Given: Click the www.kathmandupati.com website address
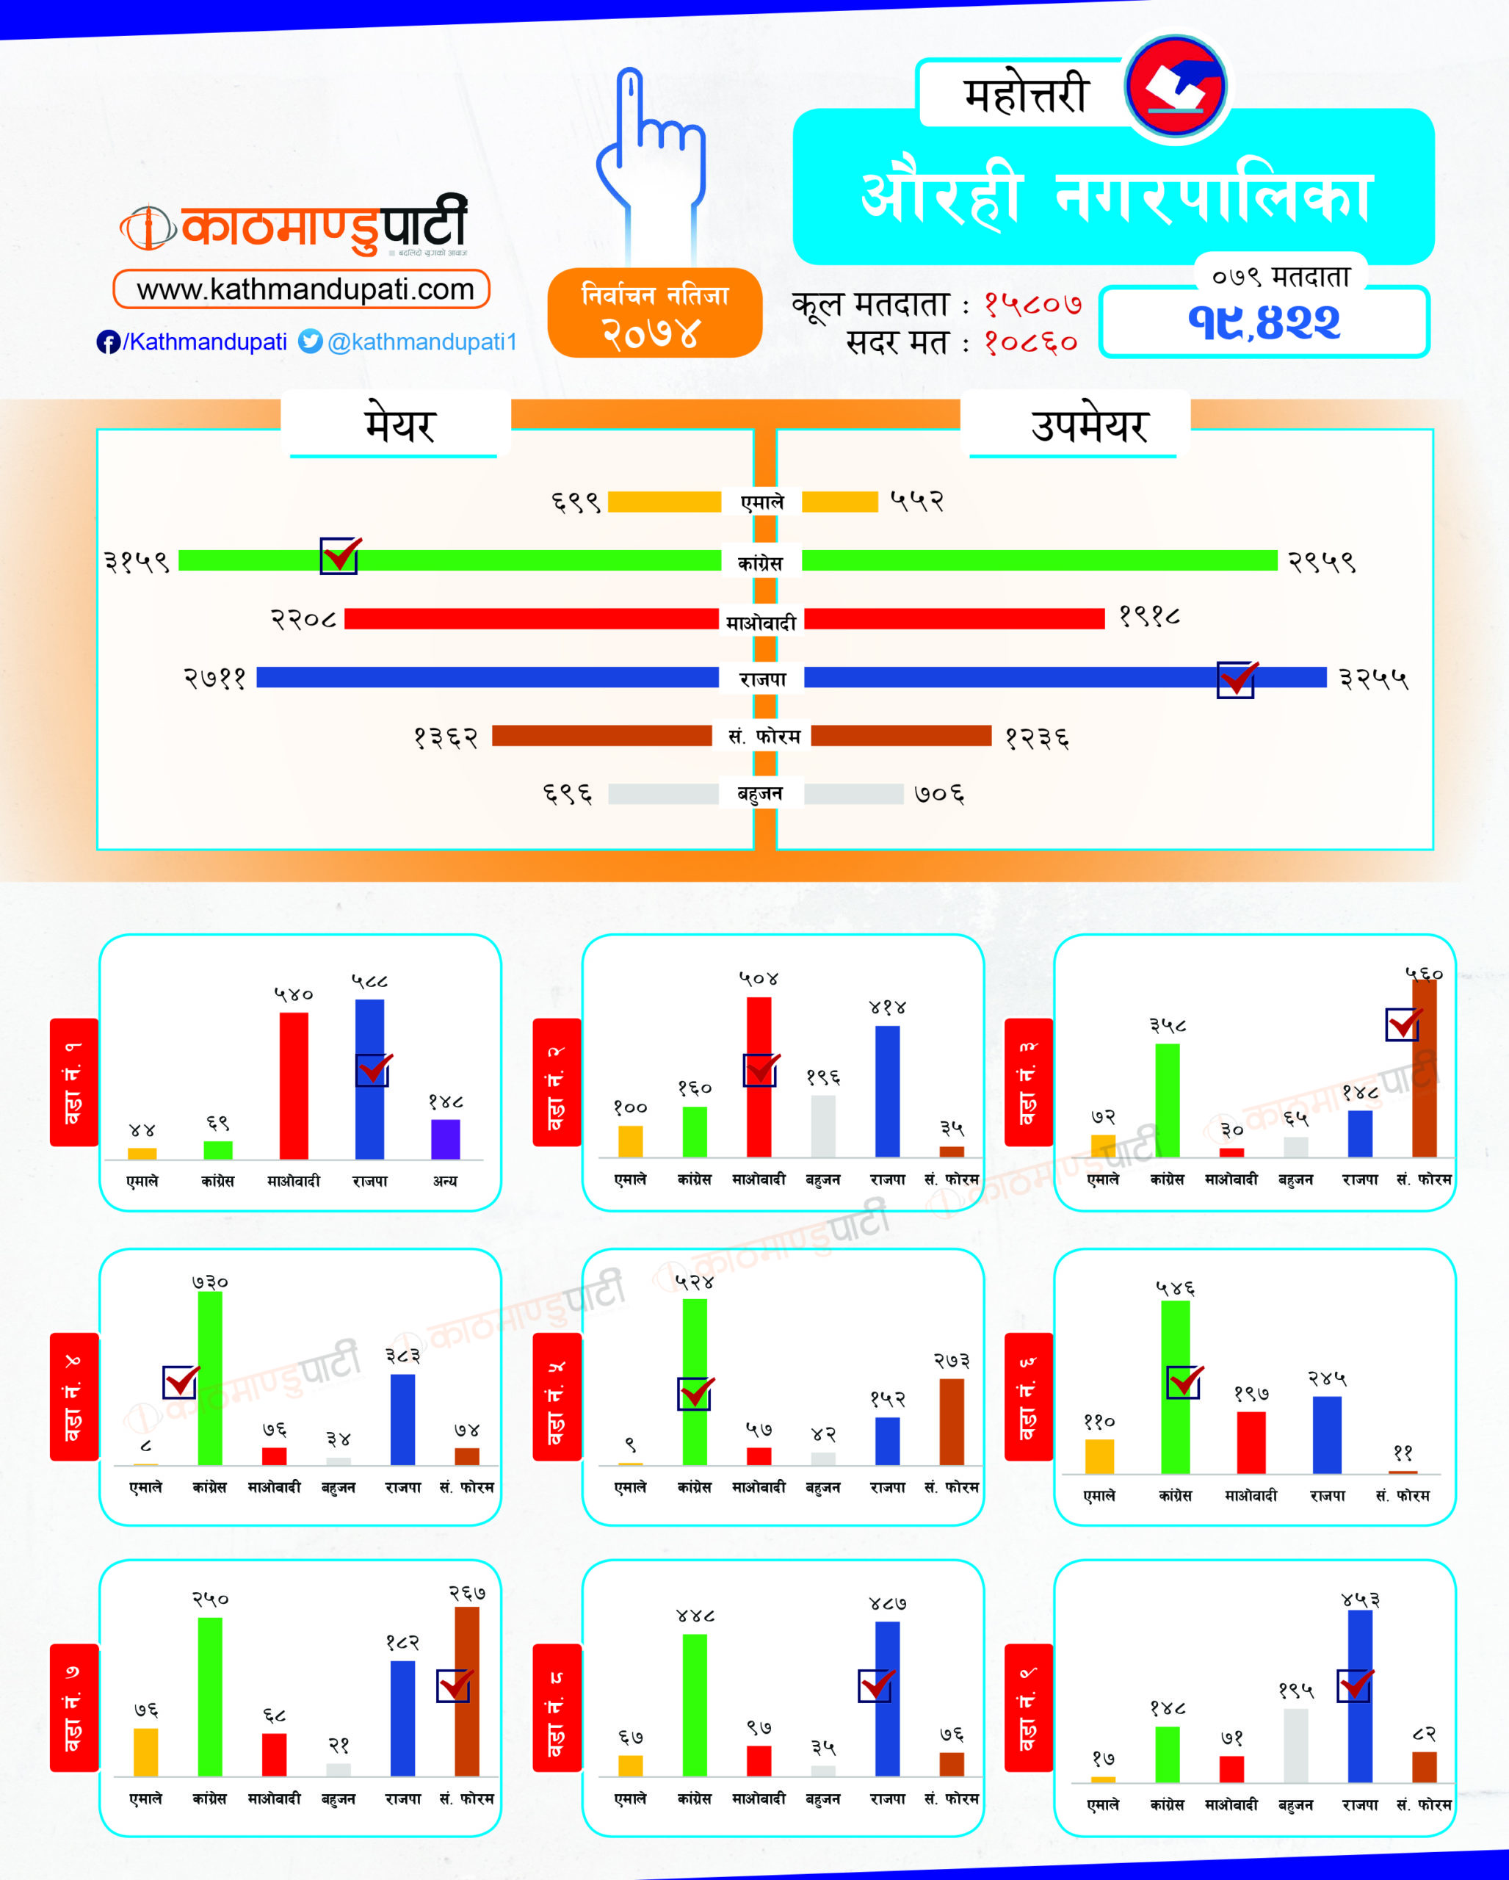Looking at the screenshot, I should (302, 289).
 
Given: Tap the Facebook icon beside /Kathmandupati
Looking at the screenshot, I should (108, 341).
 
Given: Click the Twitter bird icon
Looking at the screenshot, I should (311, 341).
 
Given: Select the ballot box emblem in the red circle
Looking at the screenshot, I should (1175, 88).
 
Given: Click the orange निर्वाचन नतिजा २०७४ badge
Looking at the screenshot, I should (655, 313).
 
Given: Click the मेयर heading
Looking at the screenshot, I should (399, 425).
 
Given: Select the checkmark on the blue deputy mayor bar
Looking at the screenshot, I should (1236, 679).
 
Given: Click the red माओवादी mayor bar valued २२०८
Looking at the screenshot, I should (532, 619).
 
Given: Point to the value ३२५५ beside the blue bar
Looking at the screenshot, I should (1374, 679).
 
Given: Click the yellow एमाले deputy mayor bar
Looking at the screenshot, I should (839, 502).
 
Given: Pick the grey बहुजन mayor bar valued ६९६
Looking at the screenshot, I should (663, 794).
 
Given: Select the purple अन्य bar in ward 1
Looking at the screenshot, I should (446, 1139).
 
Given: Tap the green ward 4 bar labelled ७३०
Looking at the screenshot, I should (210, 1378).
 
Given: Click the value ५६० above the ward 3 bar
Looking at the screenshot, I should (1424, 973).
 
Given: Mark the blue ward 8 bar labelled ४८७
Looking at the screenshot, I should (888, 1699).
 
